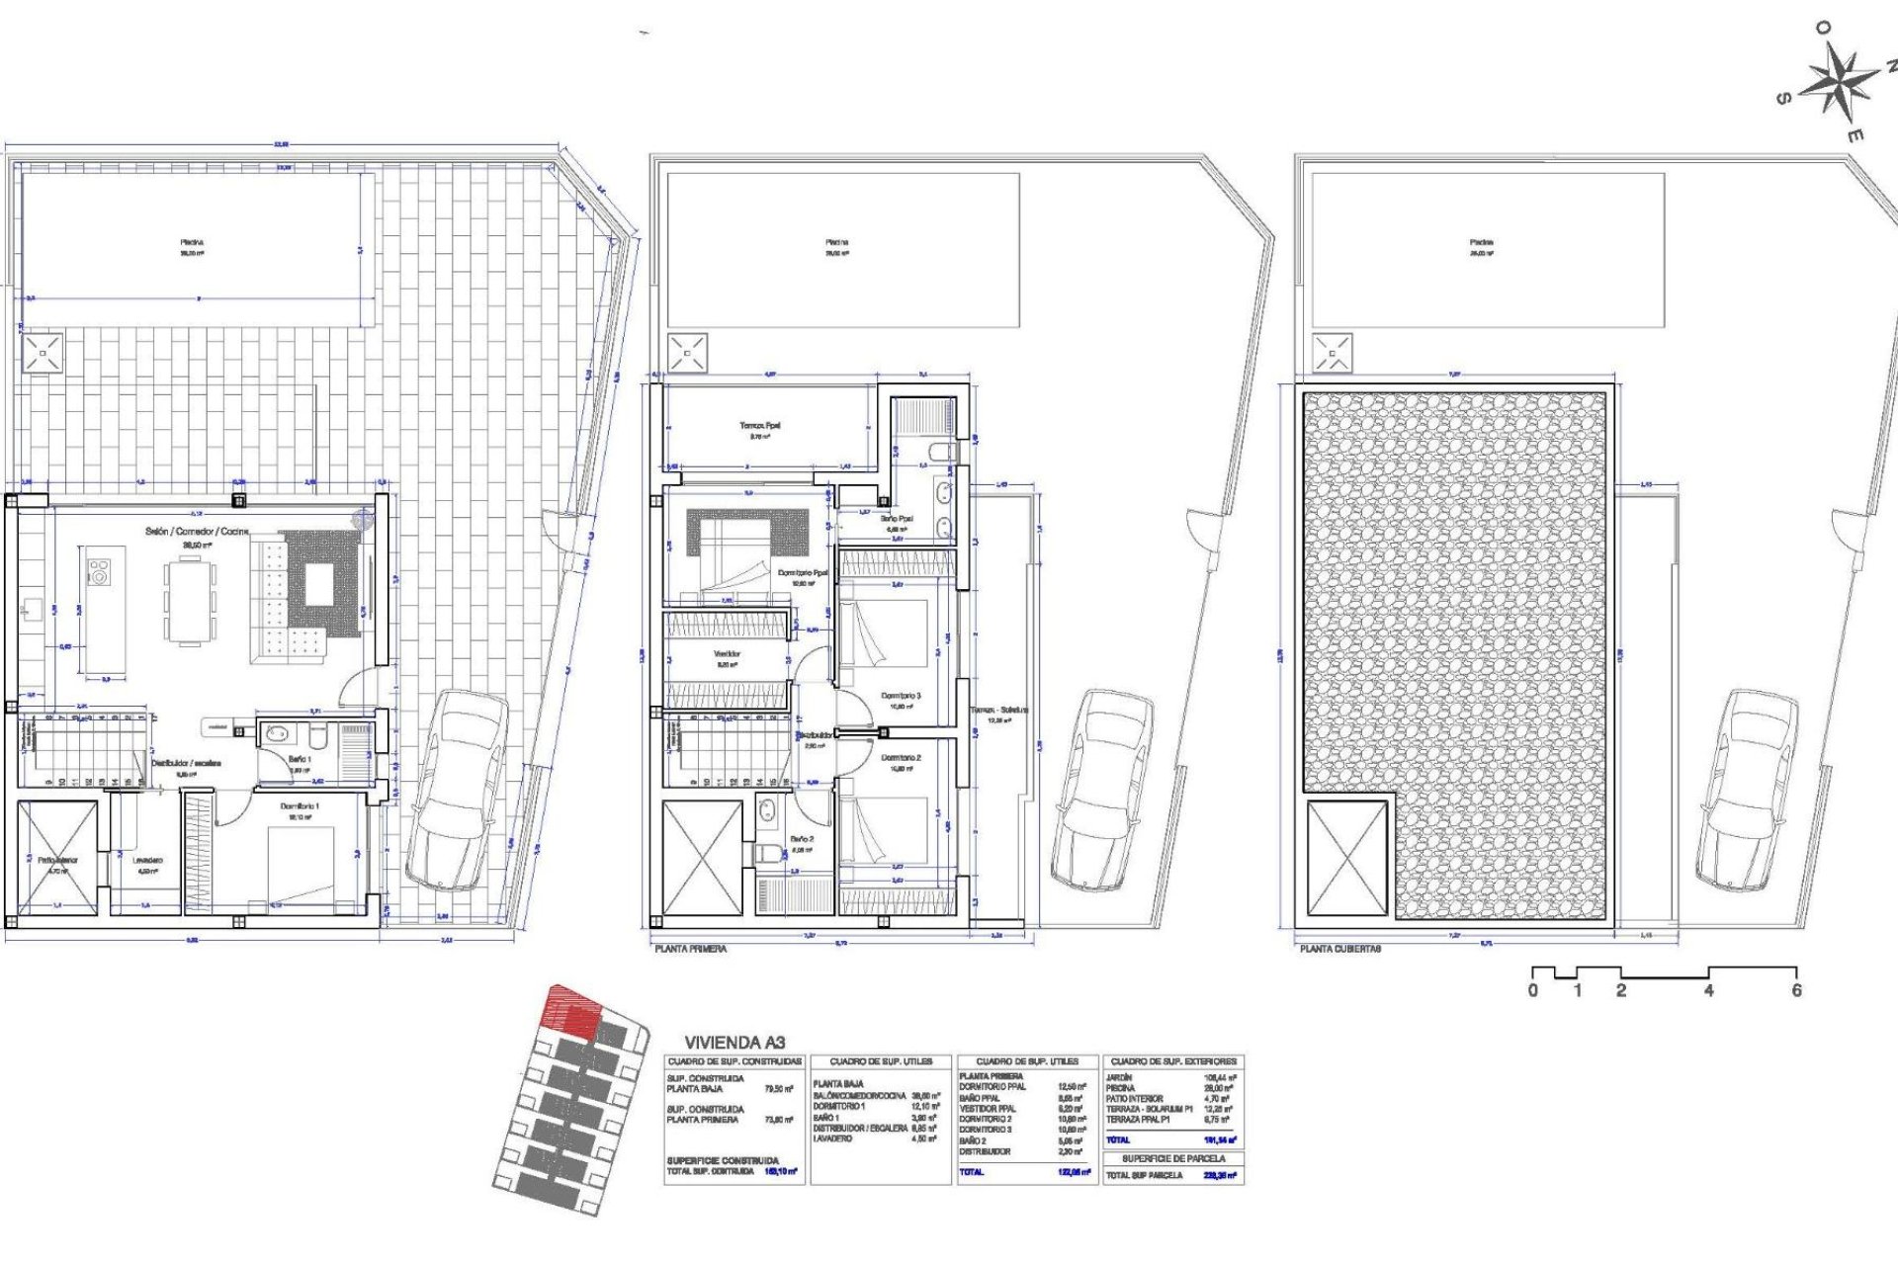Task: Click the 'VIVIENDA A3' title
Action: pyautogui.click(x=734, y=1042)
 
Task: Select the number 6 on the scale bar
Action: pyautogui.click(x=1796, y=990)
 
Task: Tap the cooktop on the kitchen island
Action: pyautogui.click(x=99, y=571)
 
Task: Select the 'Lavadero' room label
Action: pyautogui.click(x=147, y=860)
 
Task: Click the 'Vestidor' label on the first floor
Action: pyautogui.click(x=727, y=654)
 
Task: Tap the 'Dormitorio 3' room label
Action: pyautogui.click(x=901, y=696)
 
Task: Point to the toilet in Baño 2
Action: pyautogui.click(x=767, y=852)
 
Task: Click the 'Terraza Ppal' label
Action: pyautogui.click(x=759, y=426)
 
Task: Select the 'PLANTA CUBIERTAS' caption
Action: pyautogui.click(x=1339, y=949)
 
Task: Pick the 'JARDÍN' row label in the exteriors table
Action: pyautogui.click(x=1121, y=1077)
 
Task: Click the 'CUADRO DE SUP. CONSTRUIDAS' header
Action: pyautogui.click(x=734, y=1061)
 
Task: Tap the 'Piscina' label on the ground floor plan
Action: pyautogui.click(x=192, y=242)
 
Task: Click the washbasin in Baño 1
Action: pyautogui.click(x=278, y=734)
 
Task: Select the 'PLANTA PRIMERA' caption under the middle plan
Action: pyautogui.click(x=690, y=949)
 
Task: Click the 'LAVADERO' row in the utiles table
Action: pyautogui.click(x=832, y=1138)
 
